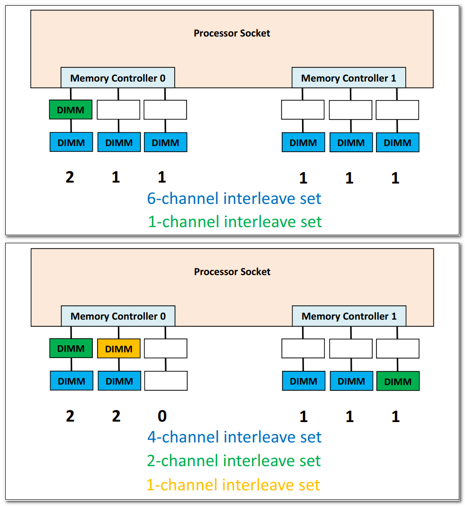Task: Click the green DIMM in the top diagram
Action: coord(71,110)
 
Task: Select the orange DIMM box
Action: coord(119,349)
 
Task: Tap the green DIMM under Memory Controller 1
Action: coord(398,381)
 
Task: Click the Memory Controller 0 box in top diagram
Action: coord(118,78)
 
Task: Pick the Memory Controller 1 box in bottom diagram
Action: coord(349,316)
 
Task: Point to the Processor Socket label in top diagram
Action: coord(232,33)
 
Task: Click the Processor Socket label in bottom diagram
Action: coord(232,272)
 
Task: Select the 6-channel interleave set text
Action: coord(234,198)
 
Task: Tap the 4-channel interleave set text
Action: coord(234,437)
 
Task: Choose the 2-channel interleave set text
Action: coord(234,460)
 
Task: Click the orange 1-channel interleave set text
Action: coord(233,485)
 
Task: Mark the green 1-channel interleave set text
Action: coord(235,221)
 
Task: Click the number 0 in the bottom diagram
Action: coord(162,416)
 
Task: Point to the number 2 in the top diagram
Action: coord(70,177)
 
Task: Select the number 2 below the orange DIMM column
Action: coord(116,416)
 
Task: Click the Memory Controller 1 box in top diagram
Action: coord(349,78)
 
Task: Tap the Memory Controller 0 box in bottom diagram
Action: coord(118,316)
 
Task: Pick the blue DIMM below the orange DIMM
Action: coord(119,381)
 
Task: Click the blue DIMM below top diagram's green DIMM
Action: coord(71,142)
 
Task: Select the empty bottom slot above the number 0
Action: coord(166,381)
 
